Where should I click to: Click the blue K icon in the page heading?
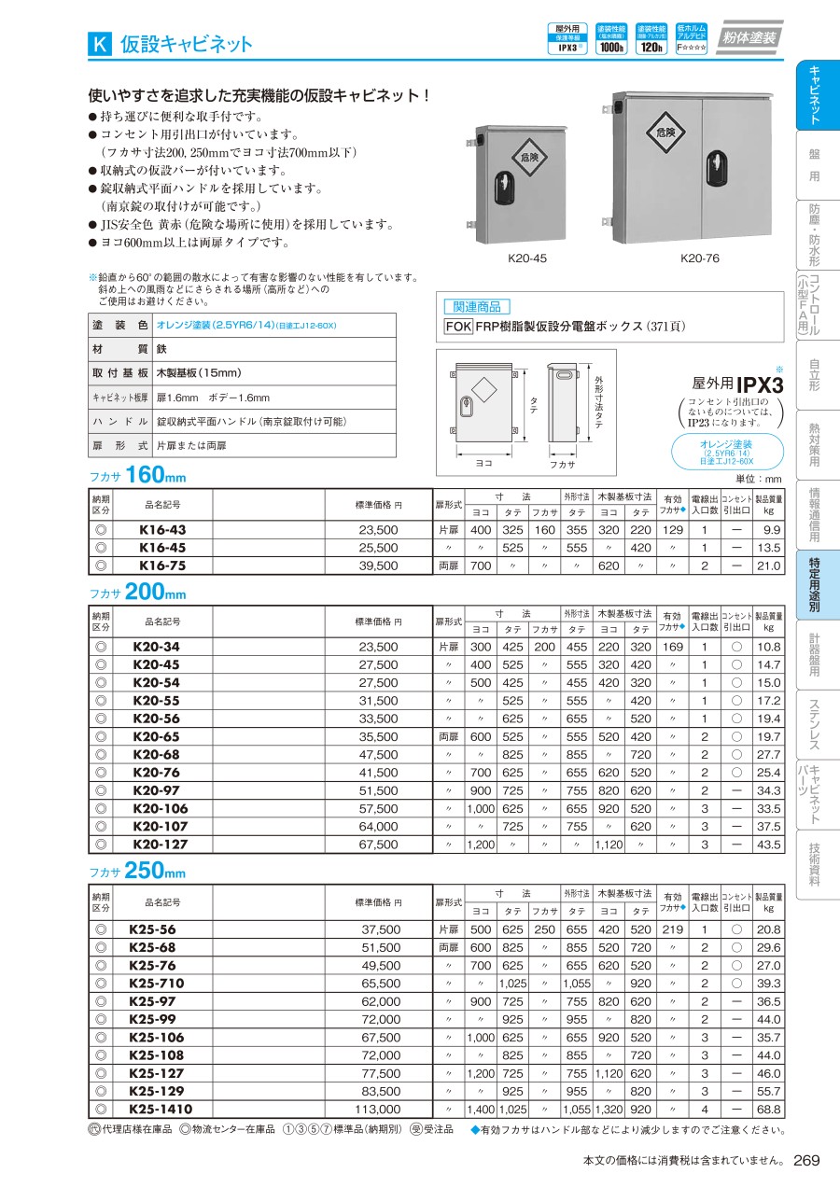[x=100, y=43]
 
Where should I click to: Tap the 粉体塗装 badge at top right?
[x=749, y=39]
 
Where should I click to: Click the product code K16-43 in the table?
[x=161, y=529]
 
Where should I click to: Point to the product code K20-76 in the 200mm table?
[x=161, y=772]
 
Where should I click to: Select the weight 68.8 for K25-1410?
[x=769, y=1110]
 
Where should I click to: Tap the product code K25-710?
[x=157, y=983]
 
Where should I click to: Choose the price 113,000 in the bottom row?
[x=376, y=1110]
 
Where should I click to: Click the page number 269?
[x=807, y=1160]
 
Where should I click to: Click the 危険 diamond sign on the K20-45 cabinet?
[x=528, y=157]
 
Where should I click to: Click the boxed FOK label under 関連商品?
[x=458, y=327]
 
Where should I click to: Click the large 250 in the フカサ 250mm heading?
[x=145, y=871]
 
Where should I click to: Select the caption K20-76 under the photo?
[x=697, y=258]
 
